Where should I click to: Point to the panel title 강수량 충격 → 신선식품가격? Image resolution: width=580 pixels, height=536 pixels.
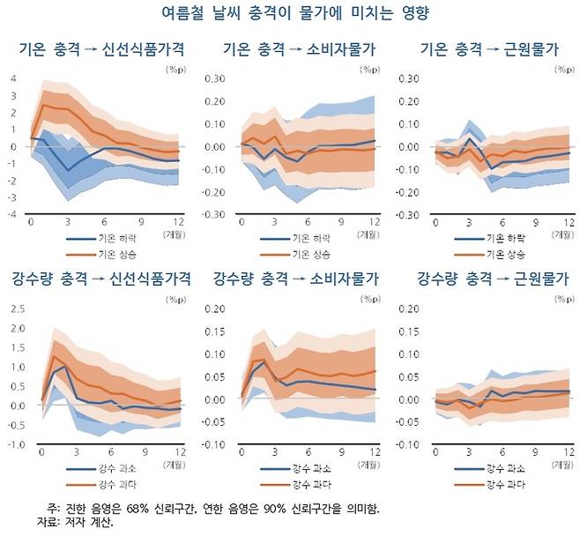[100, 279]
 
